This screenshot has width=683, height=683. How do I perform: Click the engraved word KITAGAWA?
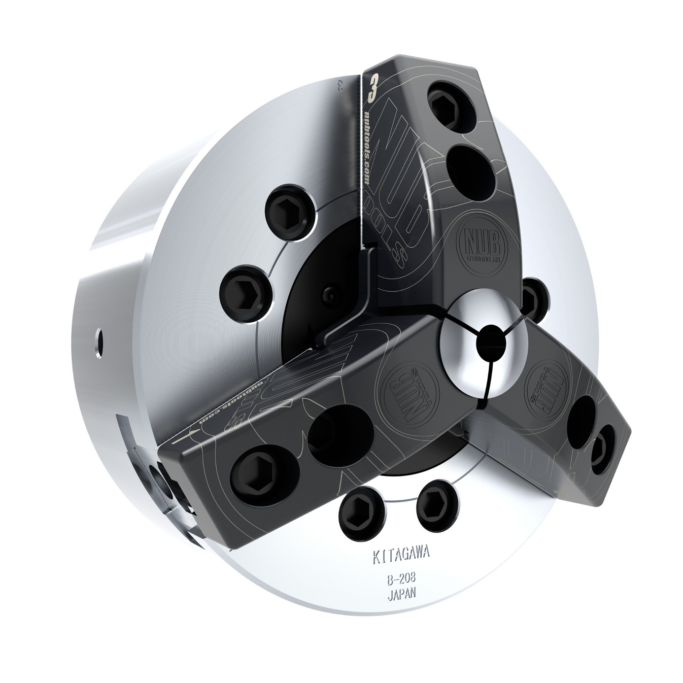400,556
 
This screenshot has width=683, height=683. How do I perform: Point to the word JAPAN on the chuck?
401,594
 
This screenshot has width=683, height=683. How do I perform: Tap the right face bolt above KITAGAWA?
433,509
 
